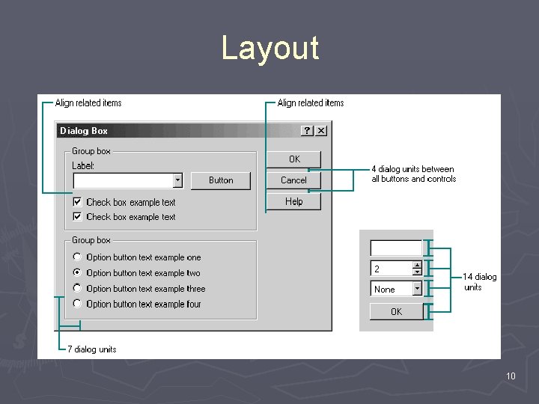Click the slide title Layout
[x=269, y=48]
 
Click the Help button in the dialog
[x=293, y=201]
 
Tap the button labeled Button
[x=221, y=180]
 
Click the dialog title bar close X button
[x=321, y=131]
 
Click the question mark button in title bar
[x=308, y=131]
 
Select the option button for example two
[x=78, y=273]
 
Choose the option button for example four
[x=78, y=304]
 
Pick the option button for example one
[x=78, y=257]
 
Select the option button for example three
[x=78, y=288]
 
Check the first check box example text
[x=78, y=202]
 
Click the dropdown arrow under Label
[x=177, y=180]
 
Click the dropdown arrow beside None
[x=417, y=289]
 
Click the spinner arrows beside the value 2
[x=417, y=268]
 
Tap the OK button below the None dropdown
[x=396, y=311]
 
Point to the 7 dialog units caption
[x=91, y=349]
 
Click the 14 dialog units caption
[x=479, y=282]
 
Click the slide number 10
[x=511, y=376]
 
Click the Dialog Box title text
[x=84, y=131]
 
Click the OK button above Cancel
[x=293, y=159]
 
